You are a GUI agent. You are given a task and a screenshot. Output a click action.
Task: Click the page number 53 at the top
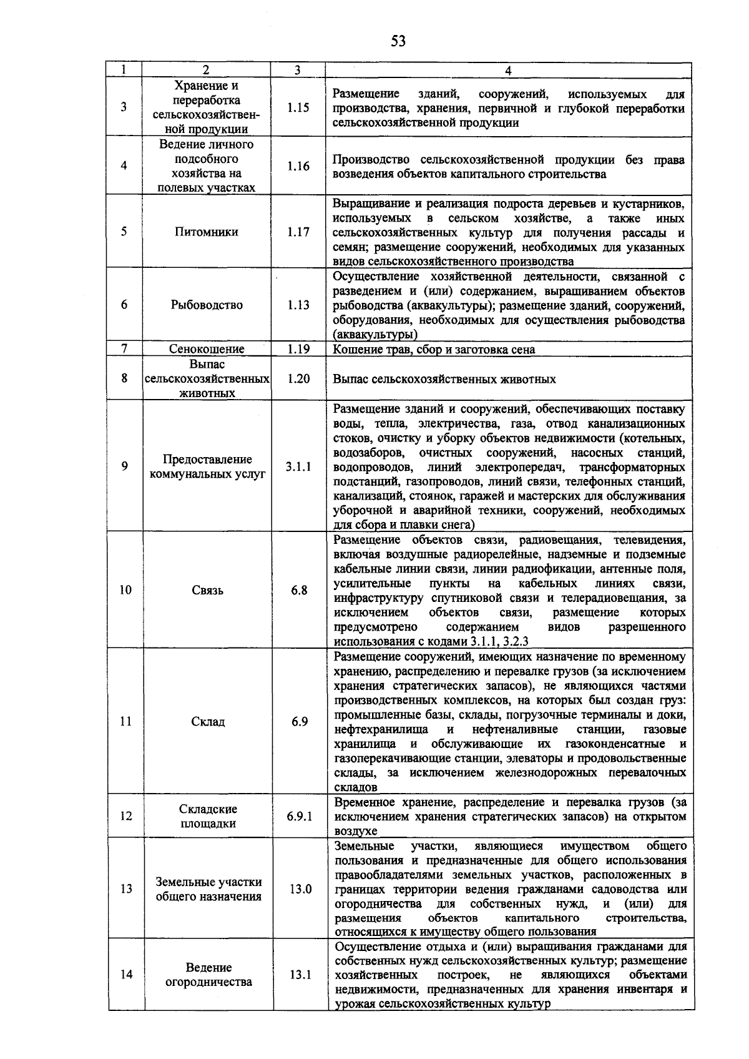398,42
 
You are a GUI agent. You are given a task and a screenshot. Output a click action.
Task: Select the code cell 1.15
298,108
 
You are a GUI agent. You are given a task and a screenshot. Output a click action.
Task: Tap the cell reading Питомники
207,232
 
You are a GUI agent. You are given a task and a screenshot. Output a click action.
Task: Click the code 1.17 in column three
298,232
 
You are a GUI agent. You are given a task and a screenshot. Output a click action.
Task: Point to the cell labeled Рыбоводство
207,305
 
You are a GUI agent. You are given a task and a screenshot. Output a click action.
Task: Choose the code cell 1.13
298,305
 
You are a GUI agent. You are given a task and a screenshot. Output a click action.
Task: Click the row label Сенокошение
207,349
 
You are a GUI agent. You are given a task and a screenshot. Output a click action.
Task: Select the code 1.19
298,349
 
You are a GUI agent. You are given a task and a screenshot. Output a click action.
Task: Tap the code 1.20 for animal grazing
298,379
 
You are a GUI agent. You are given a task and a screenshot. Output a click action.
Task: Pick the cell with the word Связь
207,590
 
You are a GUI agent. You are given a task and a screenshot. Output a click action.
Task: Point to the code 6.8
299,590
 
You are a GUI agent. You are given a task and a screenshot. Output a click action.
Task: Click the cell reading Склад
208,722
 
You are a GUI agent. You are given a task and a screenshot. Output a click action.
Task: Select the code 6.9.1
300,816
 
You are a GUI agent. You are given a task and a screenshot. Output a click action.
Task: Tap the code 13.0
300,889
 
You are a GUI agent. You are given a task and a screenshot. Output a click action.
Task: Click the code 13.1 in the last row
300,975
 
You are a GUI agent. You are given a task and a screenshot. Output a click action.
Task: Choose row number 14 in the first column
126,975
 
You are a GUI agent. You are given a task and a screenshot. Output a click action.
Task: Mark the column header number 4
508,71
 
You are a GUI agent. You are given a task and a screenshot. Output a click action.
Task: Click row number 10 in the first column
125,590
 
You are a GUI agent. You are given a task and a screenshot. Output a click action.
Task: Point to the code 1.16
298,166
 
